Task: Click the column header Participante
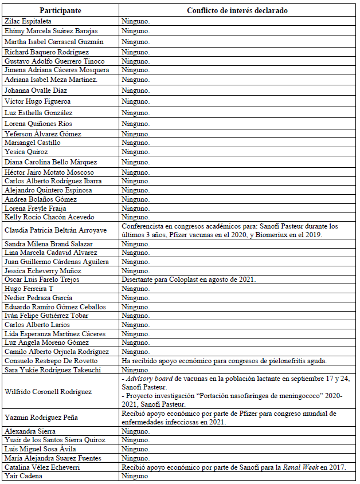[x=60, y=10]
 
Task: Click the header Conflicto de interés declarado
[x=237, y=10]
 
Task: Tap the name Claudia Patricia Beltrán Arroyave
[x=56, y=230]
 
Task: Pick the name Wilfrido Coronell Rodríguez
[x=49, y=392]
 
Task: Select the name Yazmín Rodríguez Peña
[x=43, y=418]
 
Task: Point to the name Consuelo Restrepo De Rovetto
[x=51, y=361]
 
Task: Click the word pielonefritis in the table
[x=283, y=361]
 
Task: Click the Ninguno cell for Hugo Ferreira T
[x=135, y=289]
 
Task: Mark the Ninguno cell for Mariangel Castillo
[x=135, y=143]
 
